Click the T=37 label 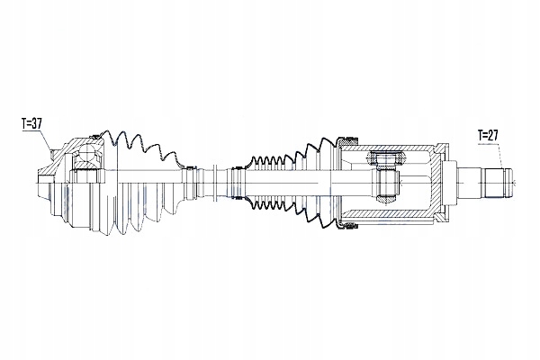(31, 123)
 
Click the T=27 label (488, 135)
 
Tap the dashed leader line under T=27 (499, 154)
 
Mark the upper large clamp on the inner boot (347, 139)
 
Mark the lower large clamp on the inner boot (347, 226)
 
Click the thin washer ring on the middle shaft (215, 182)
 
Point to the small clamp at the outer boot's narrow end (189, 168)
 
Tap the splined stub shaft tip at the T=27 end (498, 183)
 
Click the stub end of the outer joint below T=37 (42, 184)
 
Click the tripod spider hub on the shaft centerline (386, 182)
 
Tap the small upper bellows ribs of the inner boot (272, 160)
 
